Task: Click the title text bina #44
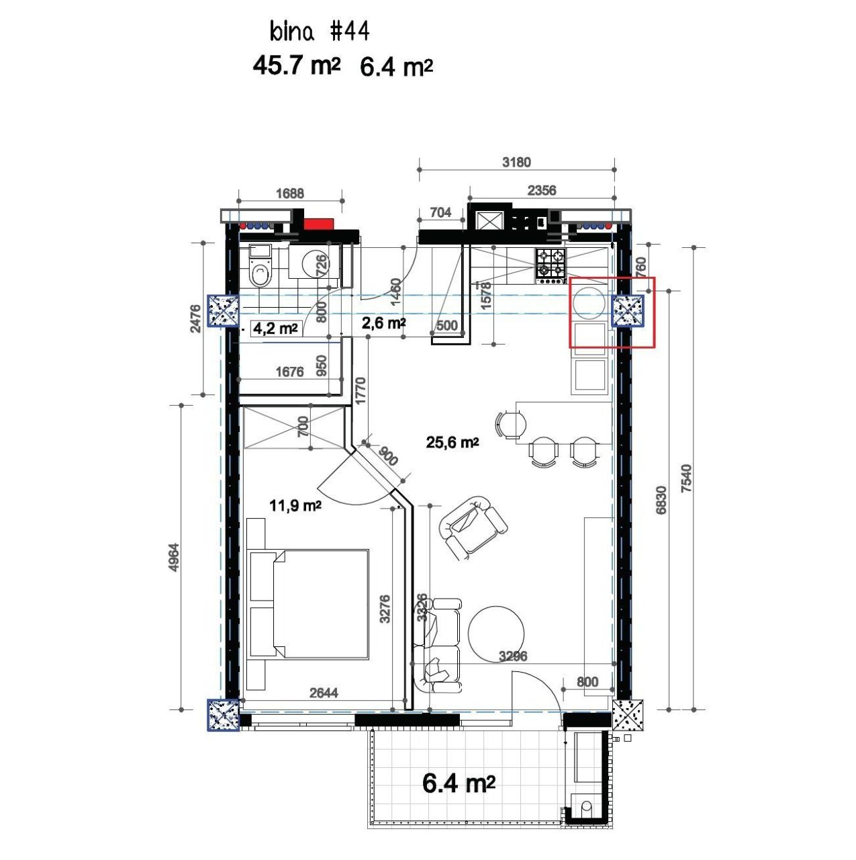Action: point(319,32)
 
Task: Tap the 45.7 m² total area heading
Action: point(296,66)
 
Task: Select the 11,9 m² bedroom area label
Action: point(295,505)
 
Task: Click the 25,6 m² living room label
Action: point(452,442)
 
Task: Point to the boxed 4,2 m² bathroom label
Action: point(275,329)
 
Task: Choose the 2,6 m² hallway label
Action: point(383,323)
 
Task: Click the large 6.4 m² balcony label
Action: point(459,783)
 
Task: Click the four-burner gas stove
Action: point(551,264)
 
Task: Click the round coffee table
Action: point(496,633)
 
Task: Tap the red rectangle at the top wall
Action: point(318,224)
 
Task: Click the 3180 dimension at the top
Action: point(516,162)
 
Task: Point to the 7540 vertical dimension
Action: point(685,478)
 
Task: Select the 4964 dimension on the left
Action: point(174,557)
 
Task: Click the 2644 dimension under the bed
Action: point(324,693)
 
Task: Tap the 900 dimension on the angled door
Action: point(387,457)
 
